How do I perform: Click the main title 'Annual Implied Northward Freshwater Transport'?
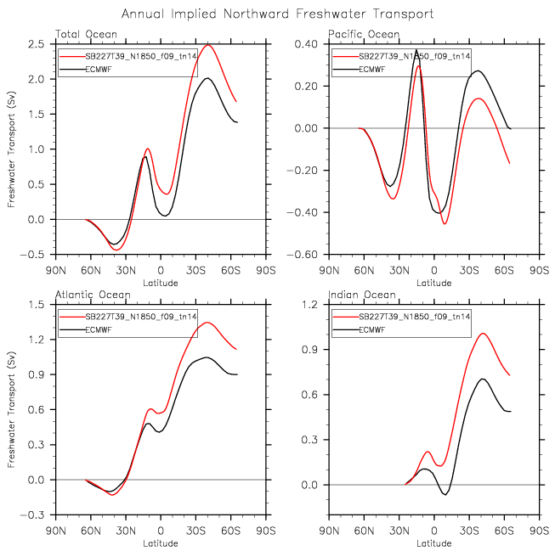click(x=277, y=14)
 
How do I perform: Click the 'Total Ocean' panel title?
click(x=86, y=34)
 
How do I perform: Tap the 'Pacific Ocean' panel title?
click(x=364, y=34)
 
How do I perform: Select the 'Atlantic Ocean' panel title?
click(x=93, y=295)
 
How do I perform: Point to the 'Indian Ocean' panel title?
click(x=362, y=295)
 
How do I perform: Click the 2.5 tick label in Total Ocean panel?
click(x=37, y=44)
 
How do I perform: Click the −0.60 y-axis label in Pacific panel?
click(x=302, y=255)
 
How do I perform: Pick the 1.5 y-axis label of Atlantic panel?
click(x=37, y=305)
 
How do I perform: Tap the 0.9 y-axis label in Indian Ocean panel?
click(x=309, y=350)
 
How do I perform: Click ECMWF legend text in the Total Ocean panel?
click(x=99, y=70)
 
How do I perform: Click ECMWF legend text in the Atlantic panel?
click(x=99, y=330)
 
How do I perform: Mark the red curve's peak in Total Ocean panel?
click(x=207, y=45)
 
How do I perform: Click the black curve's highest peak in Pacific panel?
click(x=416, y=50)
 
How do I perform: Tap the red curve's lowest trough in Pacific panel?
click(x=445, y=223)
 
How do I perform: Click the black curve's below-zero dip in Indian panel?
click(x=445, y=494)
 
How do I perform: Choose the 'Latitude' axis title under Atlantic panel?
click(x=161, y=543)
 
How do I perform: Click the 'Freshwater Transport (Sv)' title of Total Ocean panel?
click(x=11, y=149)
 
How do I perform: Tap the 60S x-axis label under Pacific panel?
click(x=504, y=271)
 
